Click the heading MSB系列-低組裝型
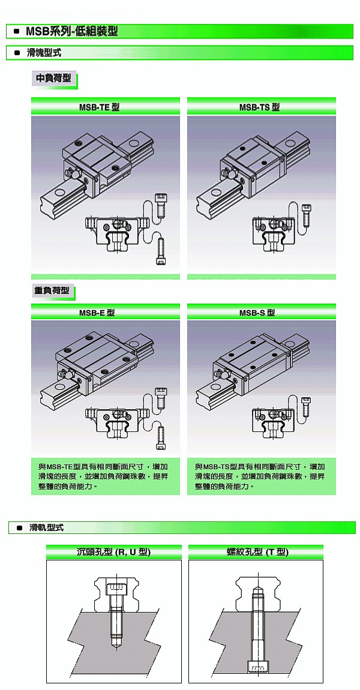tap(72, 31)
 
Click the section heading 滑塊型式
tap(44, 53)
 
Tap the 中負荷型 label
tap(53, 79)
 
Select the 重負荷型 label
tap(52, 291)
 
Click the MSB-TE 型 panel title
tap(99, 107)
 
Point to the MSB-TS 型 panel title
tap(259, 107)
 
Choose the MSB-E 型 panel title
tap(97, 313)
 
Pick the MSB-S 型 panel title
tap(257, 313)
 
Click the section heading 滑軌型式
tap(47, 527)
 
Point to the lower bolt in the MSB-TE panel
tap(161, 251)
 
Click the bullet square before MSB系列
tap(16, 31)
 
